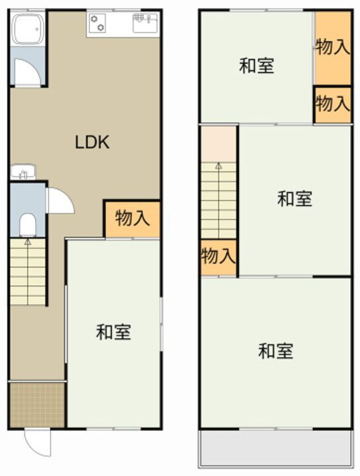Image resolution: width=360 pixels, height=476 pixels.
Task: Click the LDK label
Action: (x=91, y=142)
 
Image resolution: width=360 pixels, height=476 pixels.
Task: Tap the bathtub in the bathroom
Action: (x=28, y=30)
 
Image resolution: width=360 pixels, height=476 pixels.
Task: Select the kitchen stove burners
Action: (x=97, y=24)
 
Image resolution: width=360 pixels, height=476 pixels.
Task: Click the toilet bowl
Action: (x=27, y=225)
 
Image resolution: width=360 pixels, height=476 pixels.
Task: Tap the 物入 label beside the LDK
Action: (x=132, y=218)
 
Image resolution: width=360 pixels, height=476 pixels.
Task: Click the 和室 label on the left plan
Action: (x=113, y=332)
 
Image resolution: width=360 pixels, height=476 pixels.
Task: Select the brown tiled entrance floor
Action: (x=37, y=405)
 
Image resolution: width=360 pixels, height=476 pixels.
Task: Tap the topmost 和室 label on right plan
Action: (x=257, y=65)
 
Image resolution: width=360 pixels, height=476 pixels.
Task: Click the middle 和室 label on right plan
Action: (x=294, y=198)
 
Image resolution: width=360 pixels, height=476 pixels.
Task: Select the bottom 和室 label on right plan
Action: (x=275, y=350)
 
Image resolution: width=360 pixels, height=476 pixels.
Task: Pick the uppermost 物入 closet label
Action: (x=332, y=47)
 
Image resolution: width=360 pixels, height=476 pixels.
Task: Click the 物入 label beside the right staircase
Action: (x=218, y=255)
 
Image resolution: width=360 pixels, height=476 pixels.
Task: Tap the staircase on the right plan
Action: (x=219, y=198)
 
